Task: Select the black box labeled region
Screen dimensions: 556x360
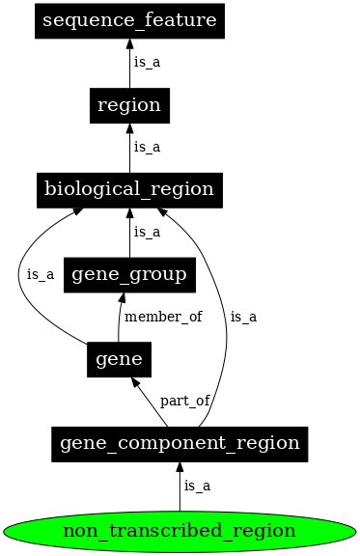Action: tap(129, 105)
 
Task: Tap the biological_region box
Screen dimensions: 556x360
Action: tap(129, 189)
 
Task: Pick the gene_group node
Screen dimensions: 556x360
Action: tap(129, 274)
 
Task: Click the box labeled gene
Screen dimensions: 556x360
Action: tap(119, 359)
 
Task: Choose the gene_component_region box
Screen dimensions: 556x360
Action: tap(180, 444)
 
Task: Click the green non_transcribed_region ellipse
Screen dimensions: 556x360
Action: tap(180, 530)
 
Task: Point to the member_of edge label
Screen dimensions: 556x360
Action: tap(163, 317)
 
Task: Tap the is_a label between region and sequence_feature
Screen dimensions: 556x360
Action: tap(147, 63)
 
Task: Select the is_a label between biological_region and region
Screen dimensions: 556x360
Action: tap(147, 147)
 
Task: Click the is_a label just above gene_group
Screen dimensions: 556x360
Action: tap(147, 232)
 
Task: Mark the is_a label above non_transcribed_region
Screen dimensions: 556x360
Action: tap(197, 486)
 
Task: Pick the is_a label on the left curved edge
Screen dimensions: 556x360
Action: tap(41, 274)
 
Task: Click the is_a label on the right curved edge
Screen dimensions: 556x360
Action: tap(243, 317)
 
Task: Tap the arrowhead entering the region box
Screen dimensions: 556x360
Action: tap(129, 129)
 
